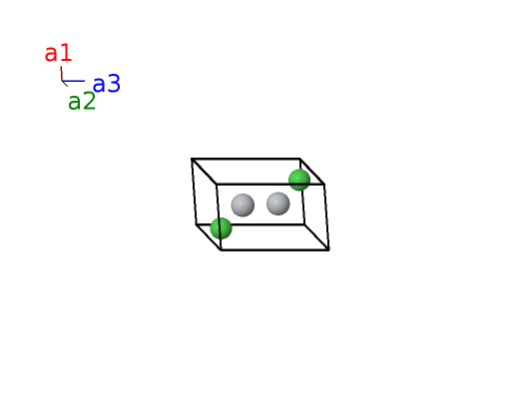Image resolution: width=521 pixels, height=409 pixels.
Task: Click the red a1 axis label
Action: click(x=58, y=53)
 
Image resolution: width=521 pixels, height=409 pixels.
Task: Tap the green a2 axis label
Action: click(x=82, y=102)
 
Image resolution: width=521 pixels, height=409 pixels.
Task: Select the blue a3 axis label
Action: click(x=107, y=84)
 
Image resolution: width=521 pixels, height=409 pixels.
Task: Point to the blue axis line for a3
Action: click(x=73, y=81)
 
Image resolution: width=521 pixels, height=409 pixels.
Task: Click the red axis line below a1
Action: click(x=61, y=74)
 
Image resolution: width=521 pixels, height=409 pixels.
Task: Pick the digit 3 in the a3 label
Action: click(x=114, y=83)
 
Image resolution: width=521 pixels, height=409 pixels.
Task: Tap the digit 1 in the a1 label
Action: click(x=67, y=53)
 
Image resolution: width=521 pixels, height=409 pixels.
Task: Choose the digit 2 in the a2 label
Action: click(x=89, y=101)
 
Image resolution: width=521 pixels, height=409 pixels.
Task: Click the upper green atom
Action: click(x=299, y=180)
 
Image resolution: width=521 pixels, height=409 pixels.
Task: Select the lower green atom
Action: click(x=222, y=228)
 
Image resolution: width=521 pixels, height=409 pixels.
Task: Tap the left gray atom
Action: click(x=243, y=205)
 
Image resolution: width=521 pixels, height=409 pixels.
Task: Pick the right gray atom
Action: click(x=278, y=204)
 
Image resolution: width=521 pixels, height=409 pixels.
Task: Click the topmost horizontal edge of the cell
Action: click(x=246, y=159)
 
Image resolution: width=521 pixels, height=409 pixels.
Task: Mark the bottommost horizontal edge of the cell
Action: click(x=275, y=249)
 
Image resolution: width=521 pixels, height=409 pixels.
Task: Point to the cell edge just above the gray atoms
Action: click(x=270, y=184)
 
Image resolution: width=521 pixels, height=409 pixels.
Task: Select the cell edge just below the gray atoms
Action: click(x=251, y=224)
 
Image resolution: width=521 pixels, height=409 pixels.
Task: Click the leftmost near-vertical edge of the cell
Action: click(x=194, y=192)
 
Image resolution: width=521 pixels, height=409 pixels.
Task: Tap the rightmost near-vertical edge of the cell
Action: click(x=326, y=216)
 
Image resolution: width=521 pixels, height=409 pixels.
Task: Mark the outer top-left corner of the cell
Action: click(x=192, y=159)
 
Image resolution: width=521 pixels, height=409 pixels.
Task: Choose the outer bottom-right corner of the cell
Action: click(x=329, y=249)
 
